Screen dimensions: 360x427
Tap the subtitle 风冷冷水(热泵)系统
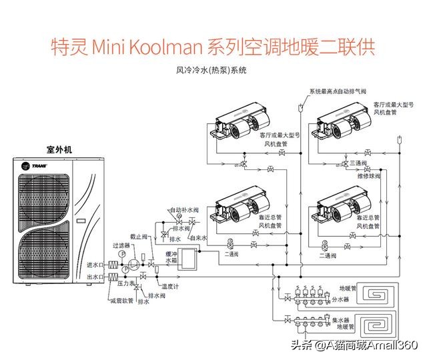(211, 69)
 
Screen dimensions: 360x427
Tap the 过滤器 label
(121, 245)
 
